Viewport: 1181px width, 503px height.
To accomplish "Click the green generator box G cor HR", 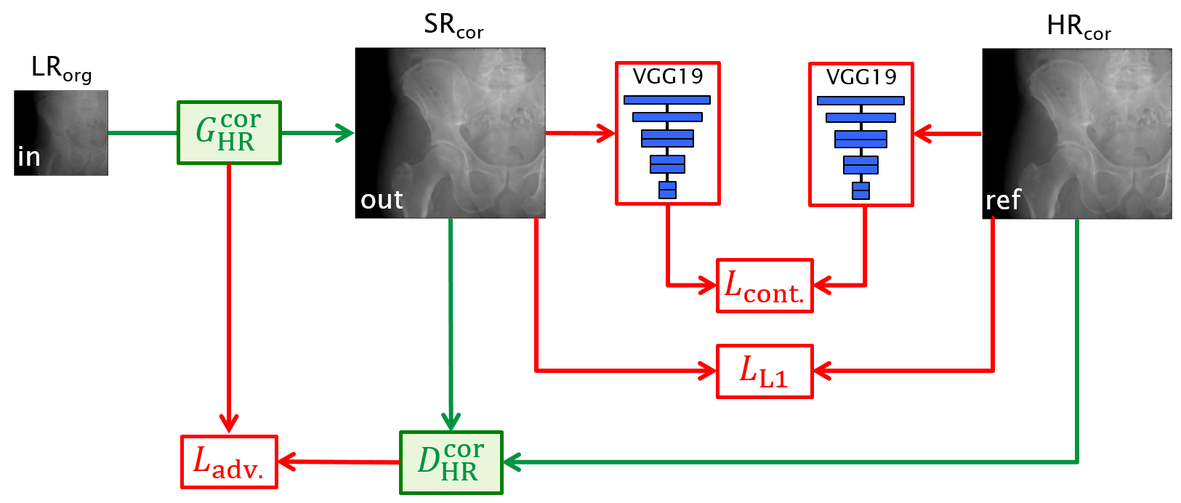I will pyautogui.click(x=229, y=132).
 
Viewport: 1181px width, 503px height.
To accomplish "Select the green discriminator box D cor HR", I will pyautogui.click(x=451, y=462).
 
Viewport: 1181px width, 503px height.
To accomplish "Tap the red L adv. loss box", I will pyautogui.click(x=229, y=462).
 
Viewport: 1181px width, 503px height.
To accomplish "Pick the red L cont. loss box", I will pyautogui.click(x=765, y=286).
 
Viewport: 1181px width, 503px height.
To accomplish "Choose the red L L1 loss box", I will pyautogui.click(x=765, y=371).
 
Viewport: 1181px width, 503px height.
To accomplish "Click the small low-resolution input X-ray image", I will pyautogui.click(x=61, y=132).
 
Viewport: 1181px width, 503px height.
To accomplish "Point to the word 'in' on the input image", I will pyautogui.click(x=28, y=157).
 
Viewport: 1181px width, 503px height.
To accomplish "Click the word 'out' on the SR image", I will pyautogui.click(x=382, y=200).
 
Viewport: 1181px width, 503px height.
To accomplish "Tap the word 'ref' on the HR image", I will pyautogui.click(x=1003, y=200).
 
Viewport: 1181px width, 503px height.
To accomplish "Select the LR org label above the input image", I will pyautogui.click(x=61, y=69).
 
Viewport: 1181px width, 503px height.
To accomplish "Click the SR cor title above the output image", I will pyautogui.click(x=454, y=26).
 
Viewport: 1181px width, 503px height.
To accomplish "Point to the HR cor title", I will pyautogui.click(x=1079, y=28).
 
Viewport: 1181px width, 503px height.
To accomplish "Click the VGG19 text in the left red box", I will pyautogui.click(x=667, y=76).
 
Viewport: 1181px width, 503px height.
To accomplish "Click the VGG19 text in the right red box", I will pyautogui.click(x=861, y=76).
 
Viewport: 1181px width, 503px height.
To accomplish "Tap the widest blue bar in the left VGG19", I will pyautogui.click(x=667, y=100).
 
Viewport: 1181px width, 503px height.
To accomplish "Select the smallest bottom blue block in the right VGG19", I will pyautogui.click(x=861, y=190).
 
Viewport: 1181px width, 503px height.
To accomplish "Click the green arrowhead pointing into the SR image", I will pyautogui.click(x=345, y=132).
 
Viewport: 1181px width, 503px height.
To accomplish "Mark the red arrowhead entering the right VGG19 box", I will pyautogui.click(x=922, y=134).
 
